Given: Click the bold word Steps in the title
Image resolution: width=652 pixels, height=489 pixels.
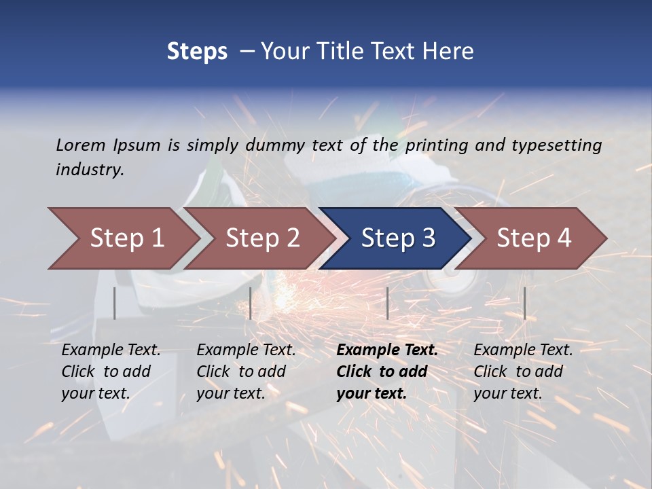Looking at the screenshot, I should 197,52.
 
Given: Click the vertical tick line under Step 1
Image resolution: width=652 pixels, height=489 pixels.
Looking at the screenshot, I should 115,303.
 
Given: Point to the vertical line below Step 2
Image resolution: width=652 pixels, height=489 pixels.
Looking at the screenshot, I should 251,303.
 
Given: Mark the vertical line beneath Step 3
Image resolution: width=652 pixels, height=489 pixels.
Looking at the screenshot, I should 387,303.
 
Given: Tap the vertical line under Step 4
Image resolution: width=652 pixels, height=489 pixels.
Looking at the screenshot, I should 525,303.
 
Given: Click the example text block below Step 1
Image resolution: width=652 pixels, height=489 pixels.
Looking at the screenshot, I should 111,372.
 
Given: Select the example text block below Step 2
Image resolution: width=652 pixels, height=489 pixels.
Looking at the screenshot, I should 246,372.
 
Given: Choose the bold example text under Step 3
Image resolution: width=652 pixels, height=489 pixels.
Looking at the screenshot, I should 387,372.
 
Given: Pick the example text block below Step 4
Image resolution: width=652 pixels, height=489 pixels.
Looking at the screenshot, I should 523,372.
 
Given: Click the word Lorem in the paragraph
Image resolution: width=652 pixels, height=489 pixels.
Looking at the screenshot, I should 81,145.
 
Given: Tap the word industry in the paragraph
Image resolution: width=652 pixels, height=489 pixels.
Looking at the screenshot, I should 90,170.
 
